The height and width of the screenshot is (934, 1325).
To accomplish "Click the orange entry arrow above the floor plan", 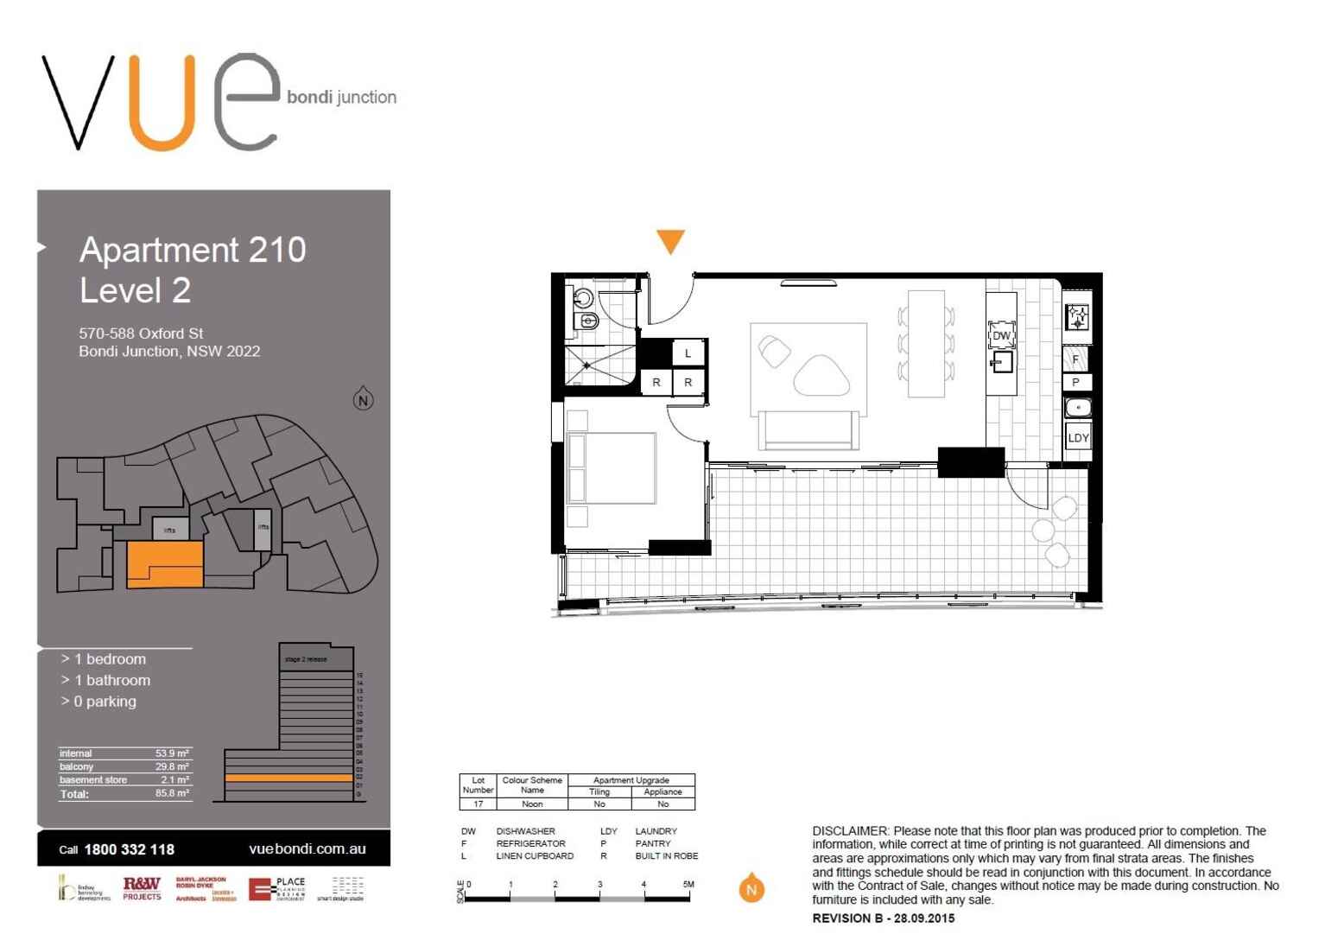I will [670, 241].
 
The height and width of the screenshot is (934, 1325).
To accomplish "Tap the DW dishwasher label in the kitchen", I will [1001, 336].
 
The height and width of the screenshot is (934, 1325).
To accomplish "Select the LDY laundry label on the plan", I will [1078, 437].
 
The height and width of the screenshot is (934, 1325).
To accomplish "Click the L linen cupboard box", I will [688, 353].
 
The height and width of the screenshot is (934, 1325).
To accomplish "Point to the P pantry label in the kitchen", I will [1075, 382].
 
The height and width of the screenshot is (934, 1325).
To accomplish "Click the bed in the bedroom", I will [611, 467].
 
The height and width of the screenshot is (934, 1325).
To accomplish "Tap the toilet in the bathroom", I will [586, 321].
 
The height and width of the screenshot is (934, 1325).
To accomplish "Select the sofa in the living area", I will [808, 429].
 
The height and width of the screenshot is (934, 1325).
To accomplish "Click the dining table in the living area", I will [926, 343].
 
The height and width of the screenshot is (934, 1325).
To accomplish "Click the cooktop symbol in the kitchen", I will [1077, 317].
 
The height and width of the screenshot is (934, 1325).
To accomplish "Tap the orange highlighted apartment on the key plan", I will [165, 564].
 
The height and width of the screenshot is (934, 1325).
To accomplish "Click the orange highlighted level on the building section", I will [288, 778].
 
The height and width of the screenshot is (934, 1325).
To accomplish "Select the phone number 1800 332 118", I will [129, 849].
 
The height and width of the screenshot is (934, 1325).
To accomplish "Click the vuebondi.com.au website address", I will [307, 848].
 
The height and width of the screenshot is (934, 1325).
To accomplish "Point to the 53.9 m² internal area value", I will [172, 753].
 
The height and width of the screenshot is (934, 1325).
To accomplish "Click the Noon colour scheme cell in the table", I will [532, 804].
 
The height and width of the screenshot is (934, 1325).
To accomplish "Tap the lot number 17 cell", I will [478, 804].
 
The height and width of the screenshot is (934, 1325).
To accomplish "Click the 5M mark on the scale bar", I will [688, 885].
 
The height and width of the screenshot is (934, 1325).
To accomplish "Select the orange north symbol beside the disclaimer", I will [751, 888].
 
